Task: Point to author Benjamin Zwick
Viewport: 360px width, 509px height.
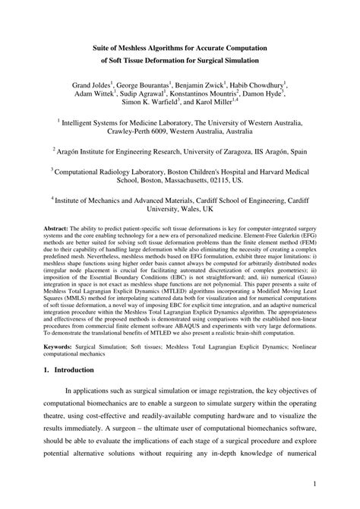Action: point(205,86)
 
